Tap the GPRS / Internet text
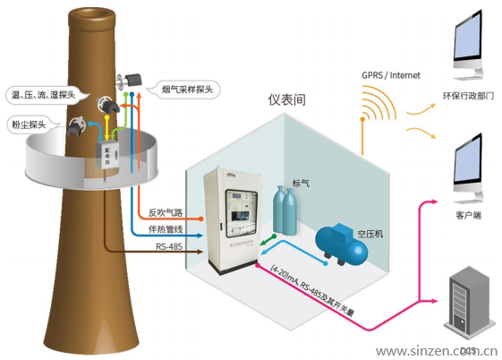[x=390, y=75]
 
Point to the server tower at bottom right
[x=468, y=303]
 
